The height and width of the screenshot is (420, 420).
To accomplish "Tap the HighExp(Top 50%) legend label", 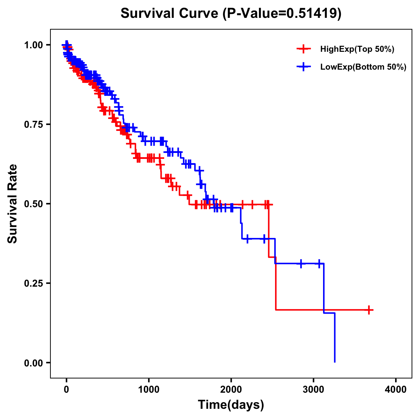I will click(x=357, y=49).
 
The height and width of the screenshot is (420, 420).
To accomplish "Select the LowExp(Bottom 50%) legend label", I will click(x=363, y=67).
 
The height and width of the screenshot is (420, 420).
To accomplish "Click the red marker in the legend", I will click(x=303, y=49).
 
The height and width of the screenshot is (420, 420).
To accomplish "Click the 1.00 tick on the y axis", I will click(x=33, y=45).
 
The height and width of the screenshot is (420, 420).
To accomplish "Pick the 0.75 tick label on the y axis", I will click(x=33, y=125).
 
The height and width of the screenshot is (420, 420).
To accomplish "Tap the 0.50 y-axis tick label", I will click(x=33, y=204).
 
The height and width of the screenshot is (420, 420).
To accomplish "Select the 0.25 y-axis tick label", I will click(x=33, y=283).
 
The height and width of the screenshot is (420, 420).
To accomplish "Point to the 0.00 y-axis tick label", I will click(x=33, y=363).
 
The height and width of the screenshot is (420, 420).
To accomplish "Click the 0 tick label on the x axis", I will click(x=66, y=390).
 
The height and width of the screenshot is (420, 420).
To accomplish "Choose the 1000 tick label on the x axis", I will click(x=149, y=390).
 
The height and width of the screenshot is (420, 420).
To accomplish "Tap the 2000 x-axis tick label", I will click(x=231, y=390).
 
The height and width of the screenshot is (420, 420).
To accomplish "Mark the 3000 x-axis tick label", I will click(x=314, y=390).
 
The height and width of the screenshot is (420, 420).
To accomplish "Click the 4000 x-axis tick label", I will click(x=396, y=390).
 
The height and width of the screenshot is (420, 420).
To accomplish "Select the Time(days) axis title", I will click(x=231, y=405).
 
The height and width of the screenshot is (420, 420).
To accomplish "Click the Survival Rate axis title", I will click(x=13, y=204).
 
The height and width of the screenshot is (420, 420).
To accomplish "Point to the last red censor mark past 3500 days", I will click(x=369, y=310).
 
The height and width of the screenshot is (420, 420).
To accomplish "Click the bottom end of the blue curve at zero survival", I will click(x=335, y=362).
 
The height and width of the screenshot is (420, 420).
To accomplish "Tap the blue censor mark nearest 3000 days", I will click(x=319, y=264).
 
